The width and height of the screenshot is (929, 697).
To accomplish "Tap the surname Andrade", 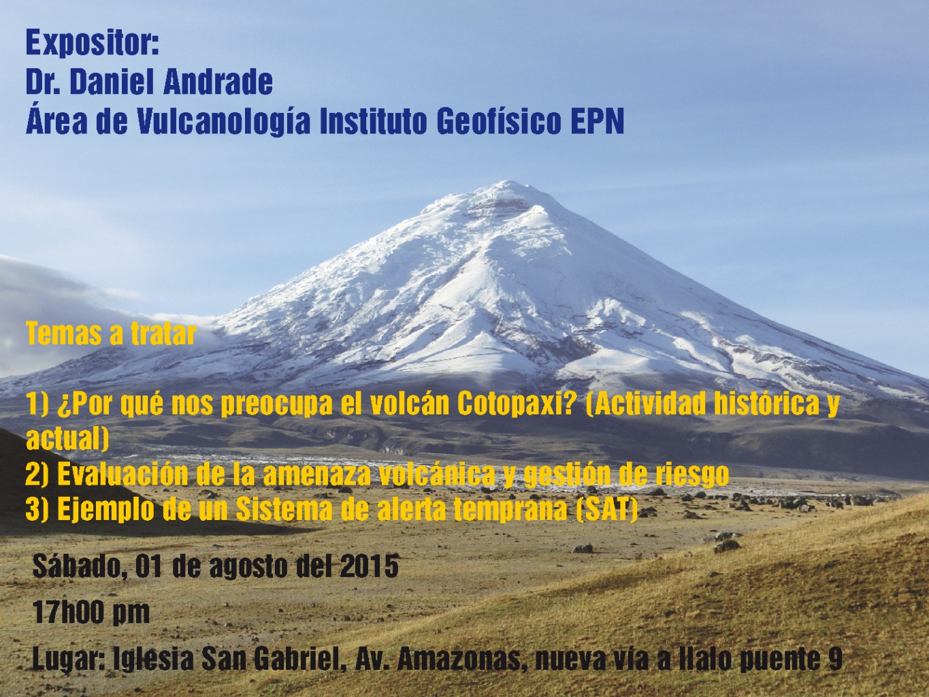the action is pyautogui.click(x=218, y=83).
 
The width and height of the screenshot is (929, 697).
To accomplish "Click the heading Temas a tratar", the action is pyautogui.click(x=112, y=334).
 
